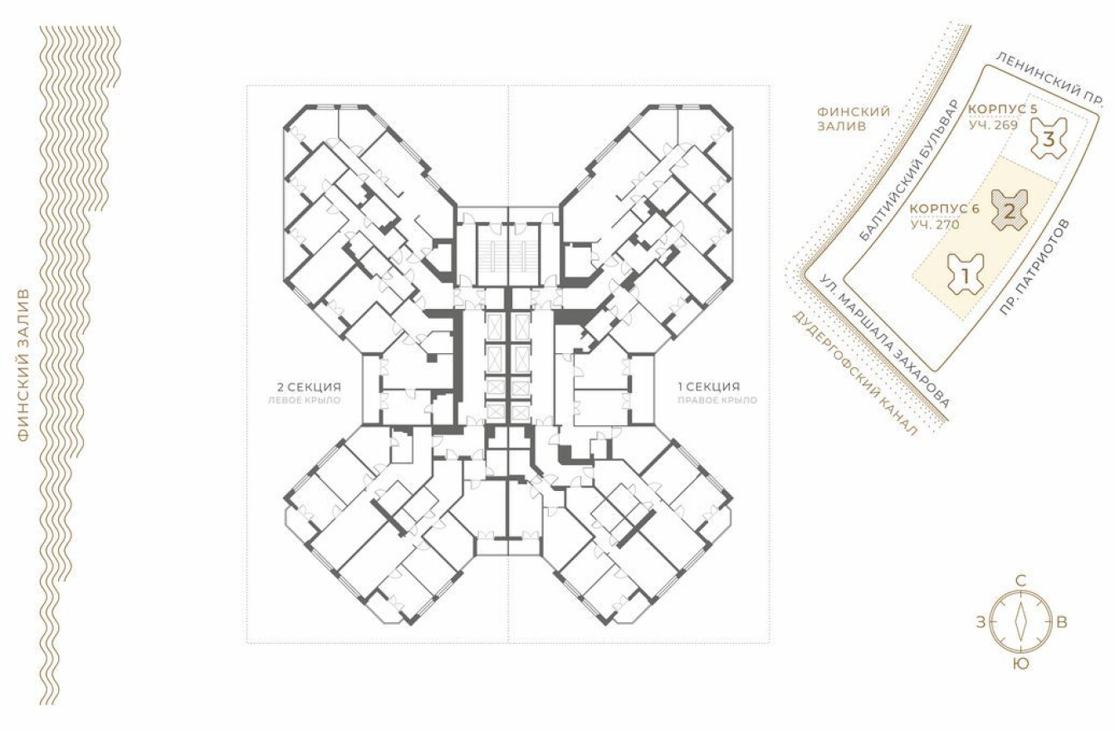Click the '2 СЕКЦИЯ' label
click(309, 386)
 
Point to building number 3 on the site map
click(1049, 139)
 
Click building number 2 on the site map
click(1009, 209)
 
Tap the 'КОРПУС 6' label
click(945, 208)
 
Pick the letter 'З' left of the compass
click(981, 622)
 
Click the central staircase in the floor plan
click(507, 253)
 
